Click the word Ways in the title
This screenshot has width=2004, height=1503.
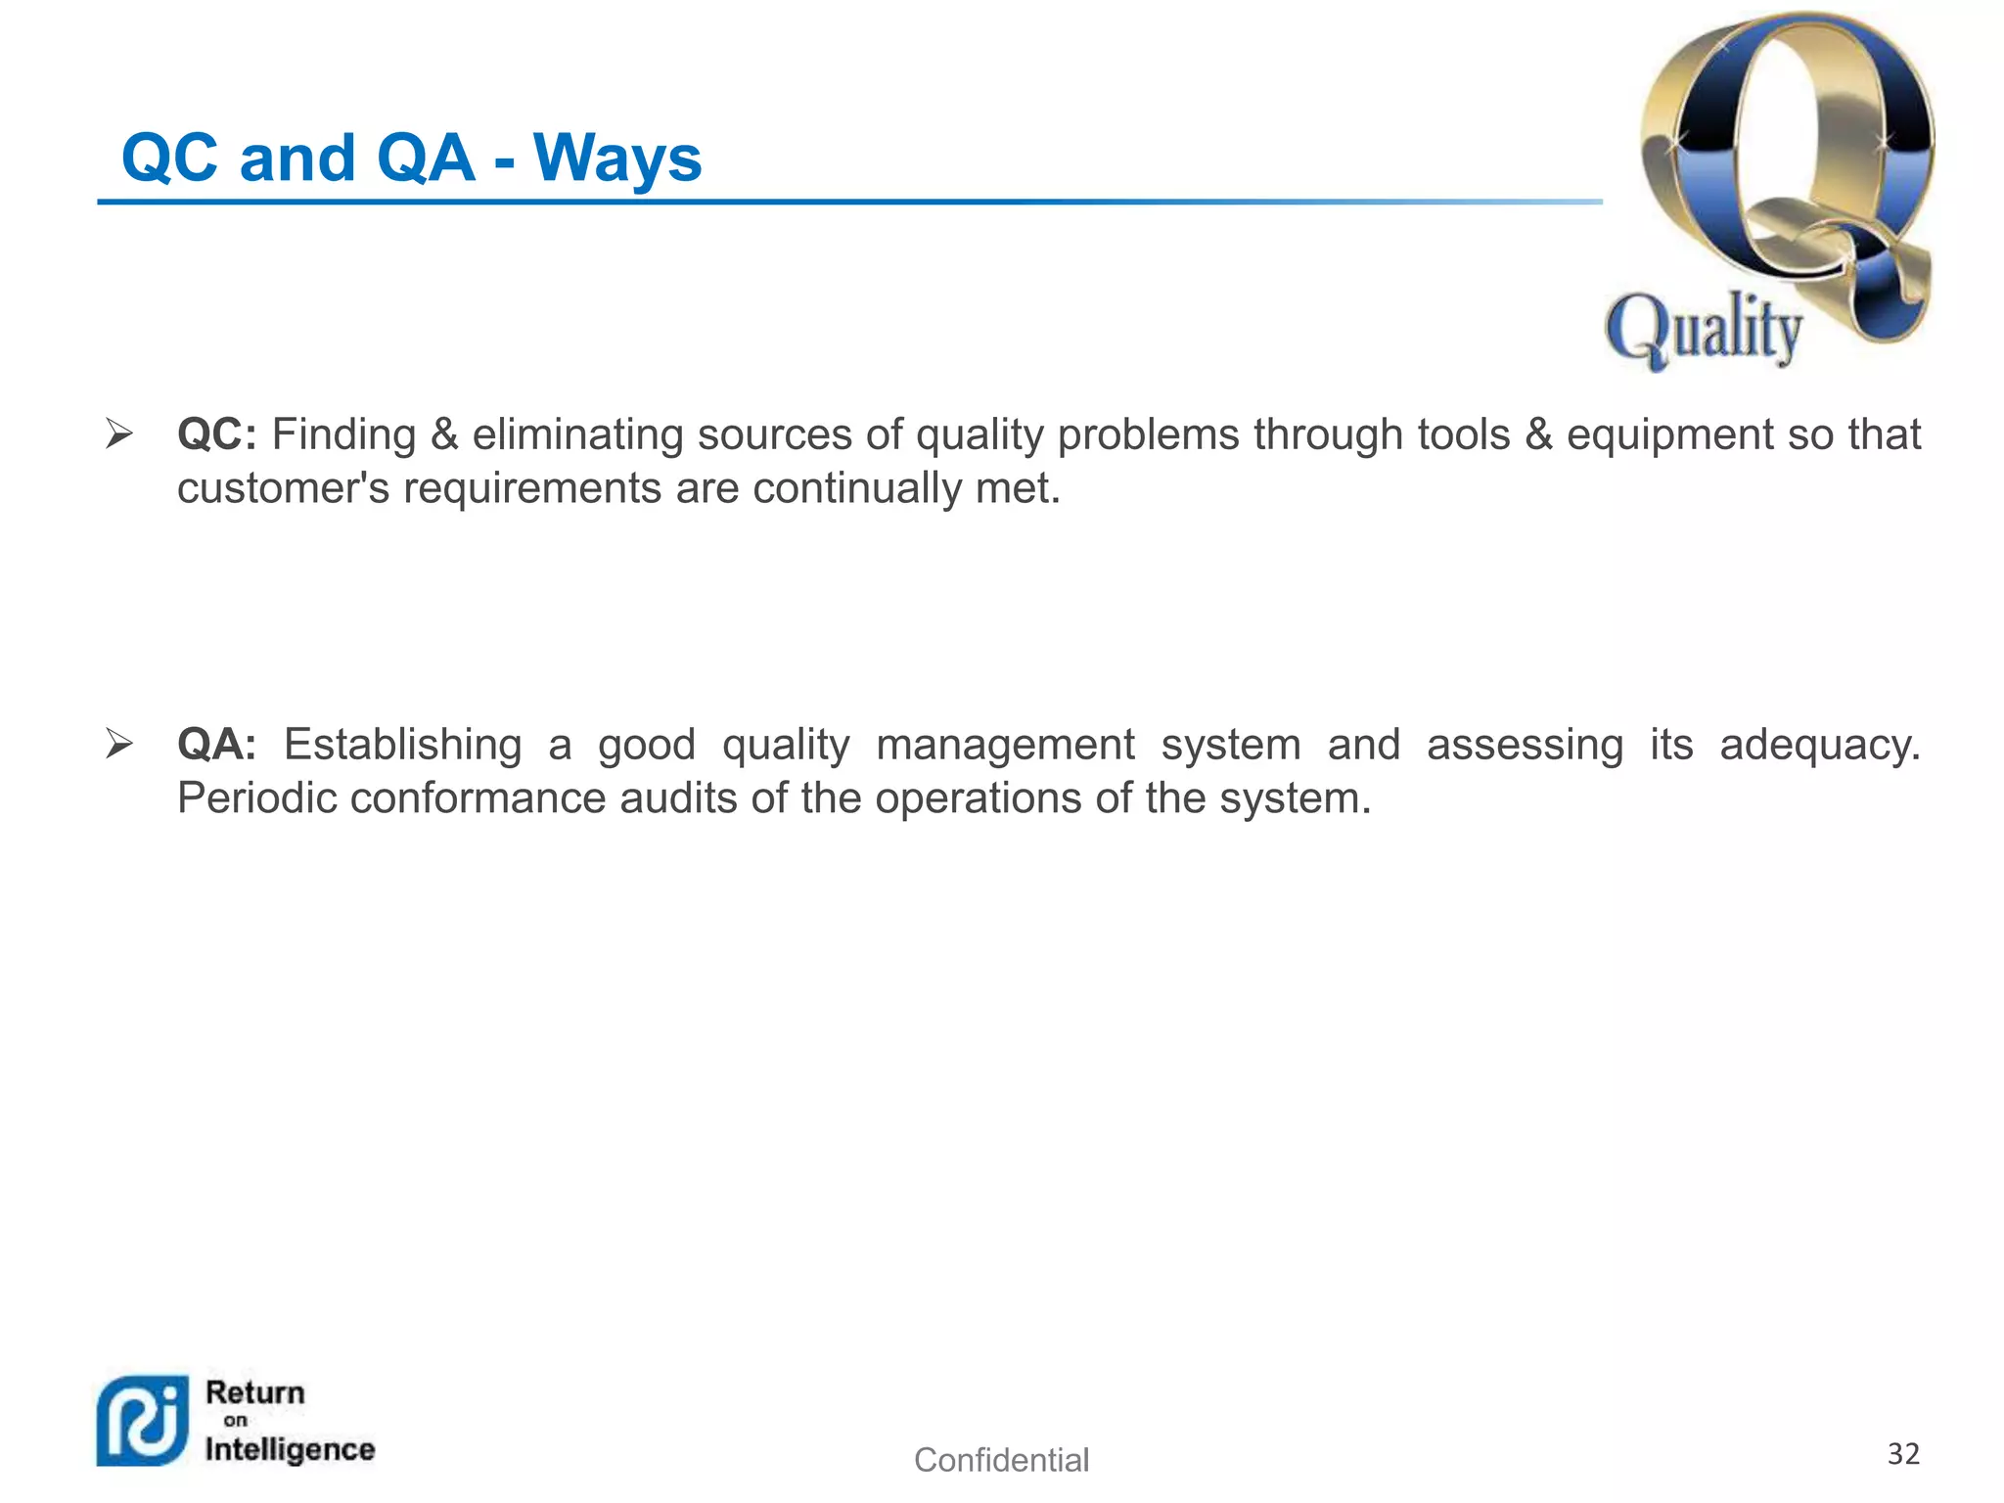[x=617, y=159]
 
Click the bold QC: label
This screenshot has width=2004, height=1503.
[x=216, y=435]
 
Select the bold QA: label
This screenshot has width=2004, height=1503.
[x=216, y=746]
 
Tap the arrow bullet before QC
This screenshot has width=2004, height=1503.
[x=119, y=433]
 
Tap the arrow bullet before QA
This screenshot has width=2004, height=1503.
[x=119, y=745]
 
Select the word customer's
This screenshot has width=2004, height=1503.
[x=283, y=488]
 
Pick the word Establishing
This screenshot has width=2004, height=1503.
[x=402, y=746]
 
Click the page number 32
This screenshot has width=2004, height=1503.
[x=1903, y=1454]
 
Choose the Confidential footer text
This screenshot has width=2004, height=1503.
[x=1001, y=1460]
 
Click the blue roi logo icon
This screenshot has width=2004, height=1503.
[x=143, y=1422]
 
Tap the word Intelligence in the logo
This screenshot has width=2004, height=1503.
[x=290, y=1449]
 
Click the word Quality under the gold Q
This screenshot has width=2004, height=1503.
[x=1704, y=330]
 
